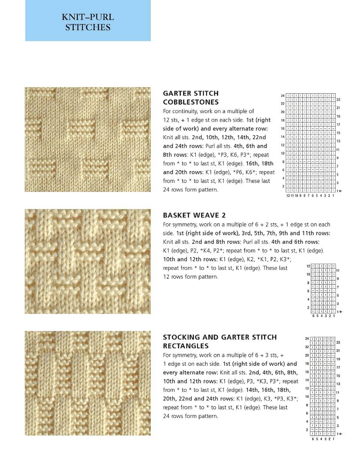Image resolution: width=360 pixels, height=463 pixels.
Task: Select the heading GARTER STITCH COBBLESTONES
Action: (190, 98)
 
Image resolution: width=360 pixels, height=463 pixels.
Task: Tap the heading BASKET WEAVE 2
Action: (194, 215)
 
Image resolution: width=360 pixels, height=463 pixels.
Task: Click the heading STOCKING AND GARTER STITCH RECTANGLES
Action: (220, 341)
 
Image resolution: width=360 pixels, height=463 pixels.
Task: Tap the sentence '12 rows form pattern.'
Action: (190, 277)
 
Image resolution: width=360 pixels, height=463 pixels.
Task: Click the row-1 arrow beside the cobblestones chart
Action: (340, 191)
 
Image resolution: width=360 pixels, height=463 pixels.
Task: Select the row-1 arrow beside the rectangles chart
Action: (340, 434)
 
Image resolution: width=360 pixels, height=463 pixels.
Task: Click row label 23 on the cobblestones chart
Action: (338, 100)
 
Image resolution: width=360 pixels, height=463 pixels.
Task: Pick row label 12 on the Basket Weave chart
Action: (308, 266)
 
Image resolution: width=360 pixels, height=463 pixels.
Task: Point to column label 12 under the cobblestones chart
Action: (288, 196)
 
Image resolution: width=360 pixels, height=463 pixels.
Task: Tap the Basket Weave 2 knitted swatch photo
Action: (88, 262)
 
